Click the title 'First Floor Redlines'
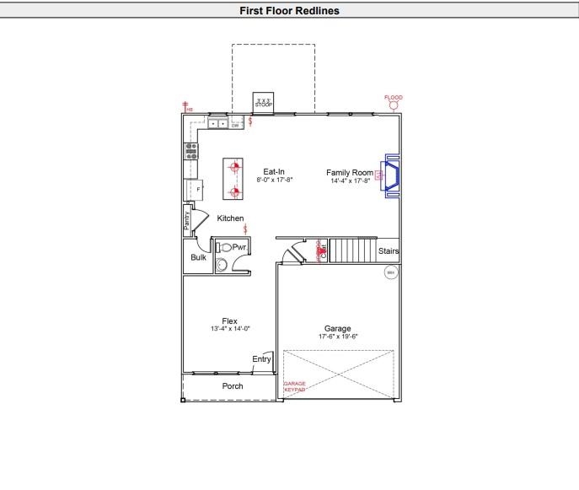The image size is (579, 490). click(289, 11)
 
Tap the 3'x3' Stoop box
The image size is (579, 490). click(264, 102)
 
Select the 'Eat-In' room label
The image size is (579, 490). click(274, 171)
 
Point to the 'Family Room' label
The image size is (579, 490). click(350, 172)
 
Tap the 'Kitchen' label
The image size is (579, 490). click(230, 218)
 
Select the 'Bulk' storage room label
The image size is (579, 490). click(198, 257)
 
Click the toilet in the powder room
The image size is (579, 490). click(224, 247)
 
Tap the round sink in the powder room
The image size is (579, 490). click(222, 265)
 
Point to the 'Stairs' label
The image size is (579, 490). click(389, 251)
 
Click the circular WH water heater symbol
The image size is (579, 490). click(390, 272)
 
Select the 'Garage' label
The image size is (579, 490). click(337, 328)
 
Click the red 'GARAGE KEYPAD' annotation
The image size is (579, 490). click(294, 387)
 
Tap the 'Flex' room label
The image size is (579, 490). click(229, 320)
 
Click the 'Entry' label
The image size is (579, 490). click(261, 359)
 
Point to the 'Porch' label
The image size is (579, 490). click(233, 386)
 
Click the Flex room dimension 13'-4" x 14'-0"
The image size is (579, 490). click(230, 329)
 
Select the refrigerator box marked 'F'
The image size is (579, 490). click(197, 190)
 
